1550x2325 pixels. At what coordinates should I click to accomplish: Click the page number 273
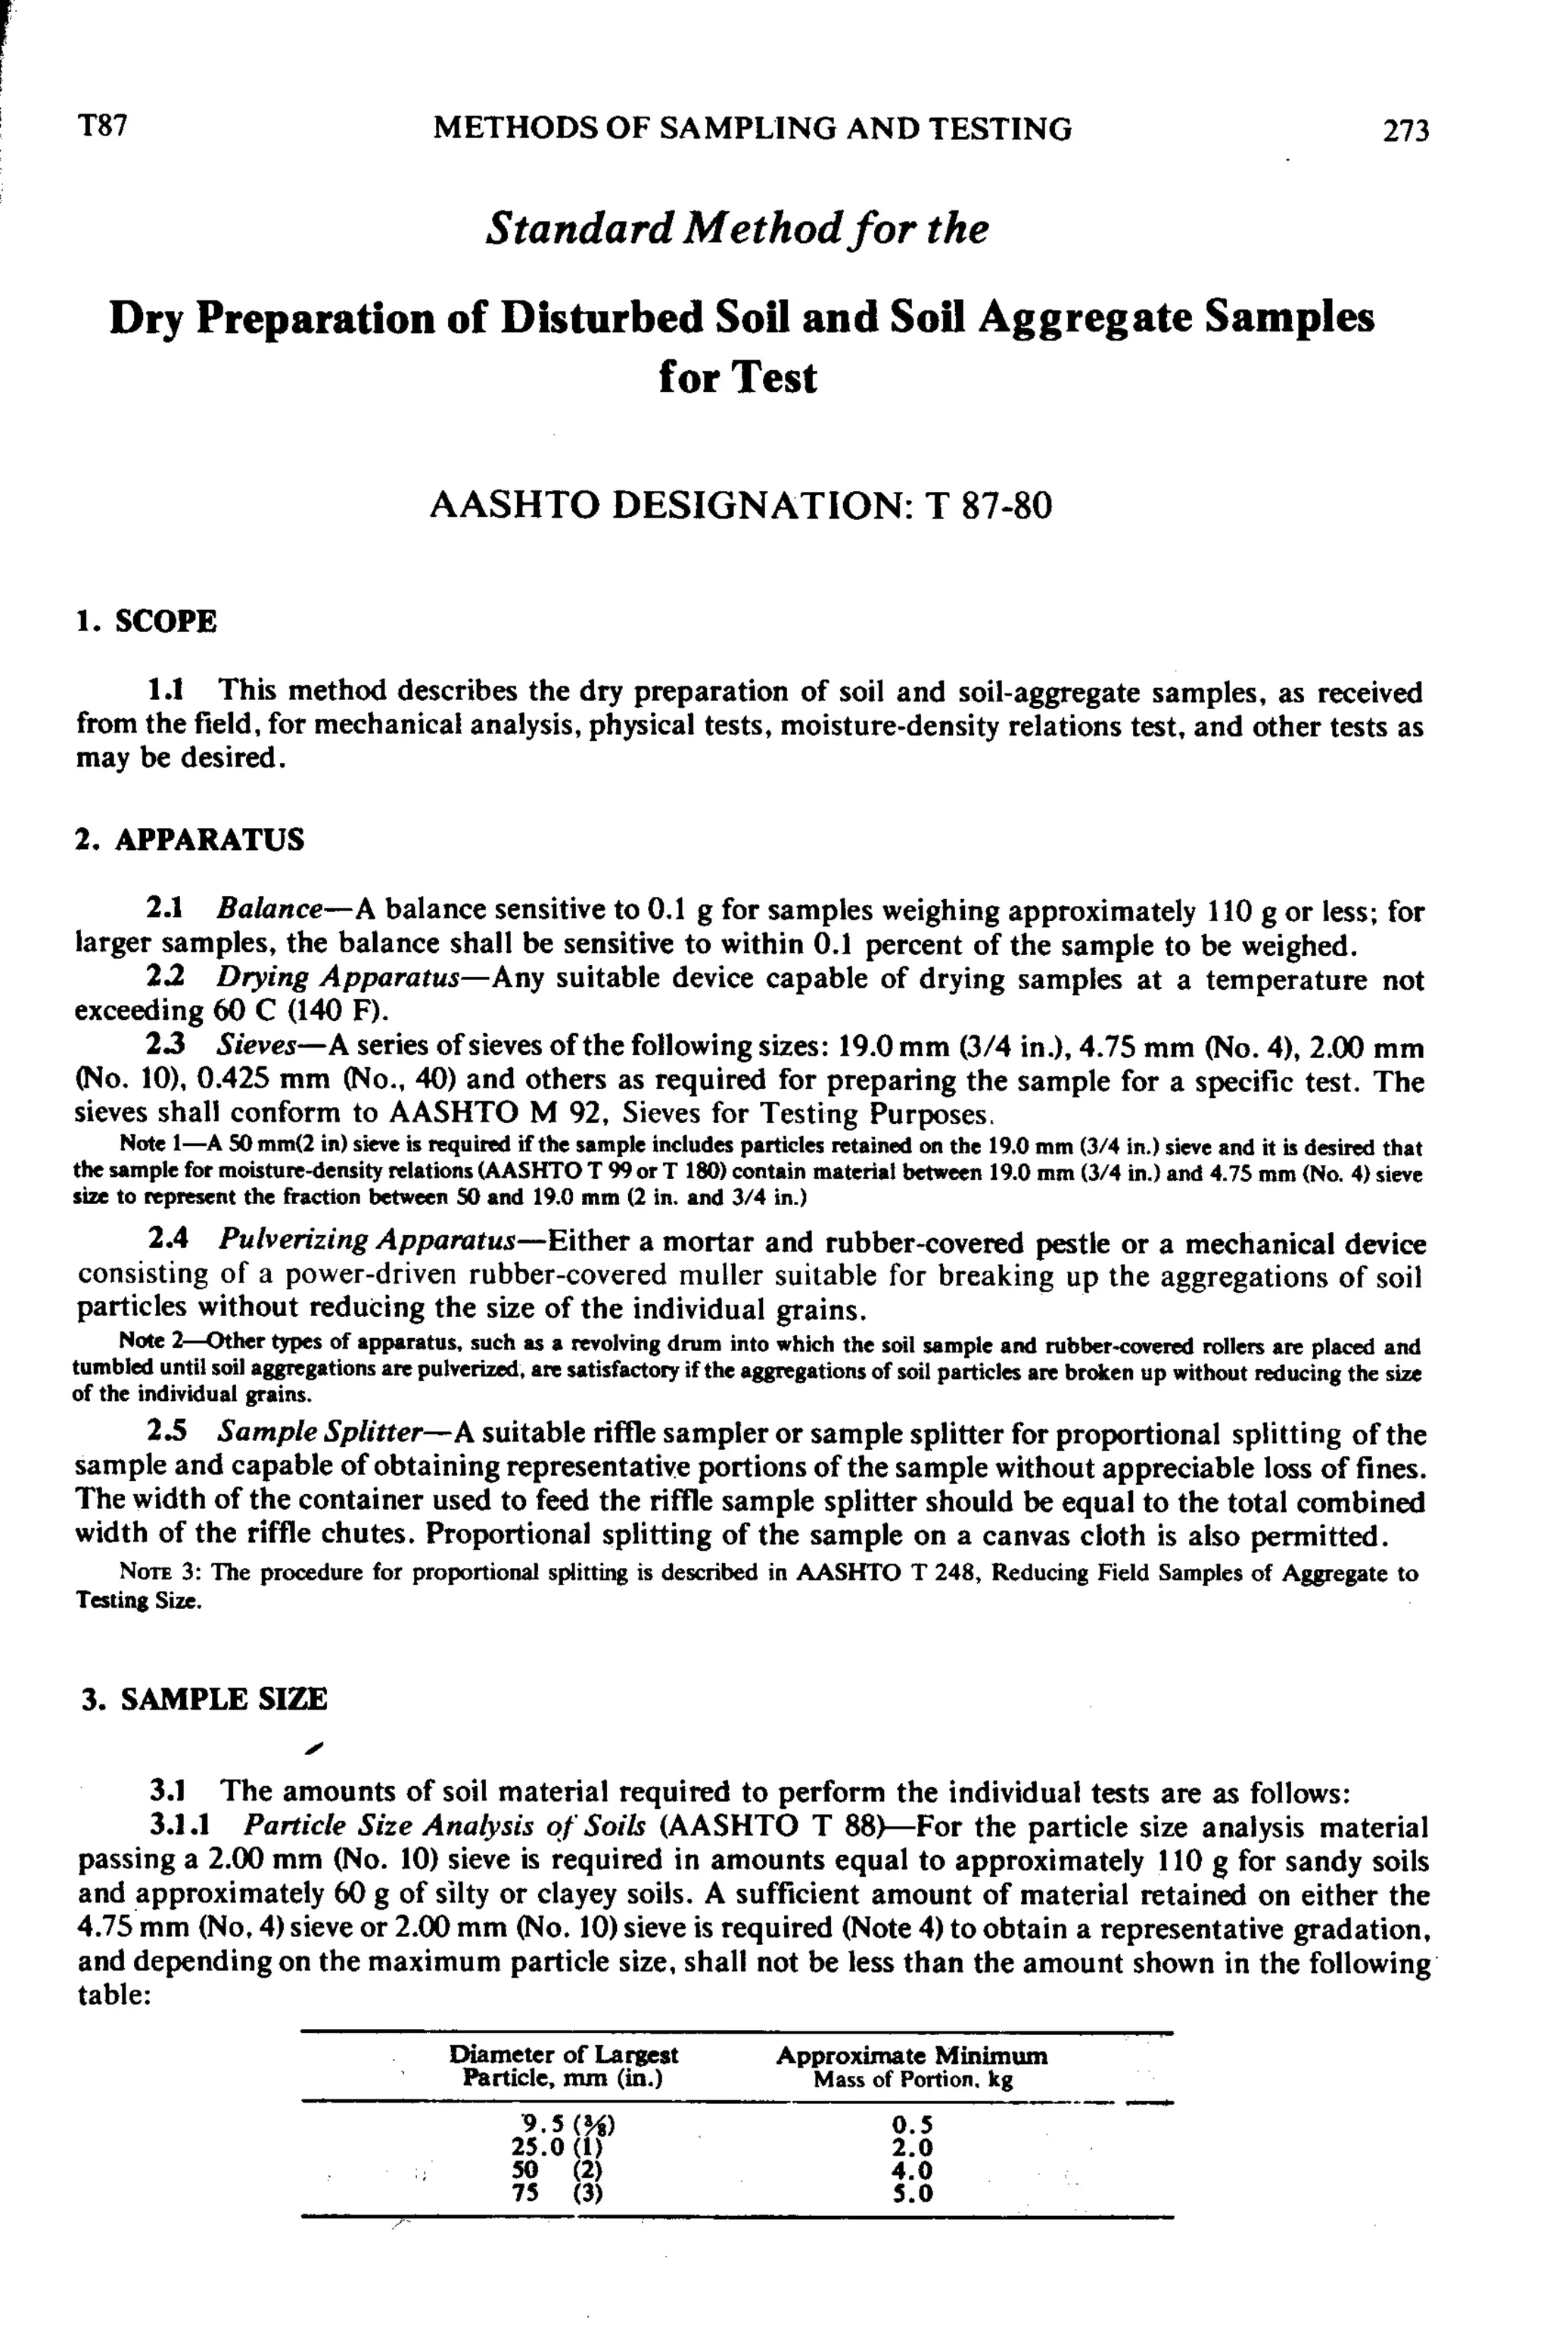[x=1405, y=130]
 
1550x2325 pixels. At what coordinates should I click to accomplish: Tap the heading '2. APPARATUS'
[x=190, y=839]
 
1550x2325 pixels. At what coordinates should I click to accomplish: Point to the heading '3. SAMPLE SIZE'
[x=204, y=1699]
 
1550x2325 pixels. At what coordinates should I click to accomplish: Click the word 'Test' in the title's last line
[x=776, y=378]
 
